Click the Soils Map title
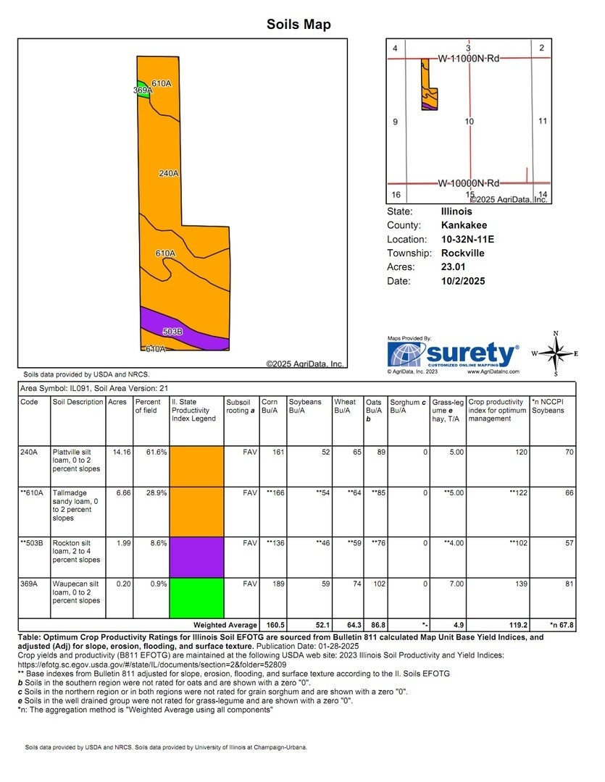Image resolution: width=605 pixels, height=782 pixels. point(299,25)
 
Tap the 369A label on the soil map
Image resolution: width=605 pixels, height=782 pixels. point(142,91)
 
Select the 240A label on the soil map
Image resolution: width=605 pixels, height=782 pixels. point(168,173)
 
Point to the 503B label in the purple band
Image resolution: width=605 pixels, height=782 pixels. point(172,332)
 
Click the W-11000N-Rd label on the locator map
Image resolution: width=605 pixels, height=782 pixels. point(469,58)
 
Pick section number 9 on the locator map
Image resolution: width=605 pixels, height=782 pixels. point(395,122)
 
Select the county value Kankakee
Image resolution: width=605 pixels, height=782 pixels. point(464,225)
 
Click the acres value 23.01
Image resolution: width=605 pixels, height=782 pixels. point(452,266)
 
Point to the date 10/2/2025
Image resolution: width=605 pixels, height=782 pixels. point(462,281)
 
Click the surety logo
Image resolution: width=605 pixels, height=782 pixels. point(454,355)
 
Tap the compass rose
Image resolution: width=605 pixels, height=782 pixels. point(556,354)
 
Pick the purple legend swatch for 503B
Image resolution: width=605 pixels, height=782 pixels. point(196,556)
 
